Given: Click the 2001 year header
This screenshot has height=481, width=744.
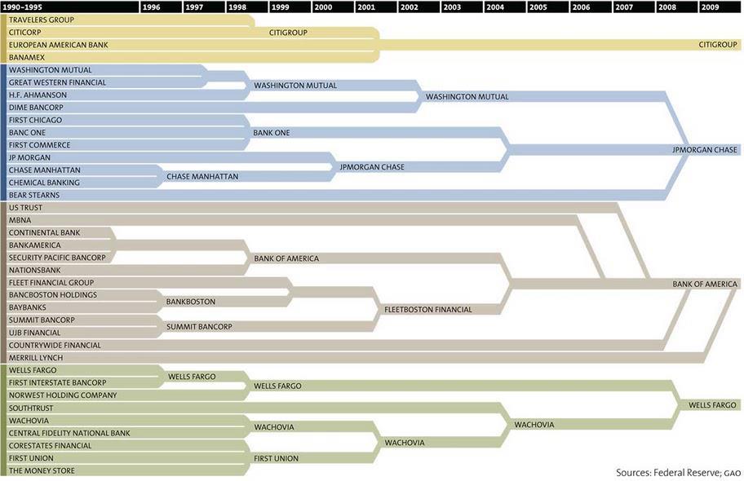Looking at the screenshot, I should point(365,7).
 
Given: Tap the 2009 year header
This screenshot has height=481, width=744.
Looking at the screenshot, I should point(710,7).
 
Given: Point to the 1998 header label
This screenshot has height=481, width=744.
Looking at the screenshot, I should point(237,7).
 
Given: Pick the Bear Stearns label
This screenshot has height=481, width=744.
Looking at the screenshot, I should point(34,195).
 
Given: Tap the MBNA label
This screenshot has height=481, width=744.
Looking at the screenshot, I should point(20,220).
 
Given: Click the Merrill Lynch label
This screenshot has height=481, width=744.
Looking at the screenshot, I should point(35,357).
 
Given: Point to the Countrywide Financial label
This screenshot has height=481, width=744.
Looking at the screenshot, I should point(55,345).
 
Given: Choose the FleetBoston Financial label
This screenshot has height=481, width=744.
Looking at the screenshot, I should point(427,310).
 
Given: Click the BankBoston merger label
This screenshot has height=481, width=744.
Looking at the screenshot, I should point(190,302).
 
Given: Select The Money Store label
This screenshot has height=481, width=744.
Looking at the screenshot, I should point(42,470).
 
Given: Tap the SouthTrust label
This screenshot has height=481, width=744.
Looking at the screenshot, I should point(30,408).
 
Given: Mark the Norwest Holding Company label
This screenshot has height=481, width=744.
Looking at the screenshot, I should point(62,395).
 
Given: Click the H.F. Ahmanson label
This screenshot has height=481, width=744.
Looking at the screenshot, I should point(38,95).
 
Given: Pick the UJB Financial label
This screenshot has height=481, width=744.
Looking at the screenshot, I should point(34,333).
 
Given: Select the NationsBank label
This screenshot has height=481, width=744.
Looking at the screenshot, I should point(34,270).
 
